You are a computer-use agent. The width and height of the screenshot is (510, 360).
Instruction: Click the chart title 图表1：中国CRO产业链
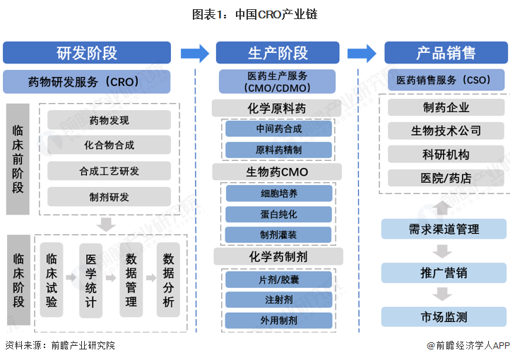255,14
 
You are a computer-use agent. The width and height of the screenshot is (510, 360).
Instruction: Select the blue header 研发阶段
87,53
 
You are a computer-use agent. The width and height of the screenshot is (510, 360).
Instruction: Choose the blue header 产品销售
446,53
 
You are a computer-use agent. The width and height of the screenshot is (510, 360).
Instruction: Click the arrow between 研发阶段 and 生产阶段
194,53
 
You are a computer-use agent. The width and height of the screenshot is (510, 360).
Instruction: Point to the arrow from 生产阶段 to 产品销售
362,53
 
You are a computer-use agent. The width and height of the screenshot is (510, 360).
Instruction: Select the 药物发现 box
109,120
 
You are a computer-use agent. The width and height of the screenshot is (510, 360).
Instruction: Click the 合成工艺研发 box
109,171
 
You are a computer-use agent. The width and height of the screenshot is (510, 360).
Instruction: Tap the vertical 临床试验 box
52,280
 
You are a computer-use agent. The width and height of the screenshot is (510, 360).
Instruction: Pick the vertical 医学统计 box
90,280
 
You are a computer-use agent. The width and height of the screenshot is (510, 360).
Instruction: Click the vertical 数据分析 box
168,280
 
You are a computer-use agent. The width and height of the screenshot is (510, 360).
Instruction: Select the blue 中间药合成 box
278,130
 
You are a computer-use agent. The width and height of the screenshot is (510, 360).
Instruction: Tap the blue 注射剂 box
278,300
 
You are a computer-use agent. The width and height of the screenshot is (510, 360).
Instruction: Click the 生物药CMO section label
278,172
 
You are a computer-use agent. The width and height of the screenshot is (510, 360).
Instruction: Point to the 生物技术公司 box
446,131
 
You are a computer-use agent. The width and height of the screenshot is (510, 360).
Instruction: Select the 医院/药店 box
446,177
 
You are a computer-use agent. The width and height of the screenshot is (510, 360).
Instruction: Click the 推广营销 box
444,273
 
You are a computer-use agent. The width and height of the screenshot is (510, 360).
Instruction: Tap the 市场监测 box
444,317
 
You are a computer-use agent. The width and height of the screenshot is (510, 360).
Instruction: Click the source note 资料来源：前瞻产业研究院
60,346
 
